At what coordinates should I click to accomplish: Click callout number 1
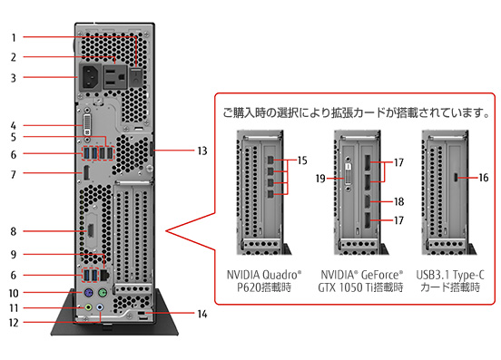click(x=14, y=38)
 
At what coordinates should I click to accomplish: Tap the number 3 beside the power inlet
click(x=14, y=78)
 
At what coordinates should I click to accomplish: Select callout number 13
click(x=202, y=151)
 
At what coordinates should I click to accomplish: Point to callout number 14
click(x=202, y=314)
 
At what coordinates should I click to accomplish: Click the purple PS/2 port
click(x=88, y=292)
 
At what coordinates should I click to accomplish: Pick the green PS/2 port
click(x=103, y=292)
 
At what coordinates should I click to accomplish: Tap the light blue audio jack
click(x=100, y=307)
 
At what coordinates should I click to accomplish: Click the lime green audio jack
click(x=88, y=307)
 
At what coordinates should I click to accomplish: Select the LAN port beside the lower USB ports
click(x=104, y=275)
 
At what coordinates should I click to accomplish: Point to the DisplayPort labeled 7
click(x=86, y=173)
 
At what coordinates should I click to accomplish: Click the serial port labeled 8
click(x=91, y=230)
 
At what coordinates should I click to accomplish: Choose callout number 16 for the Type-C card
click(x=484, y=178)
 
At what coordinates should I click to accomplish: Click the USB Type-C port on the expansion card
click(x=456, y=177)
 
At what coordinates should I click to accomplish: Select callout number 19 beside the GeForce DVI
click(x=320, y=179)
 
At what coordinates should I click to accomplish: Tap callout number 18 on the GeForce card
click(x=398, y=201)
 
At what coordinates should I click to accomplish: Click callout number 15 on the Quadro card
click(x=302, y=161)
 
